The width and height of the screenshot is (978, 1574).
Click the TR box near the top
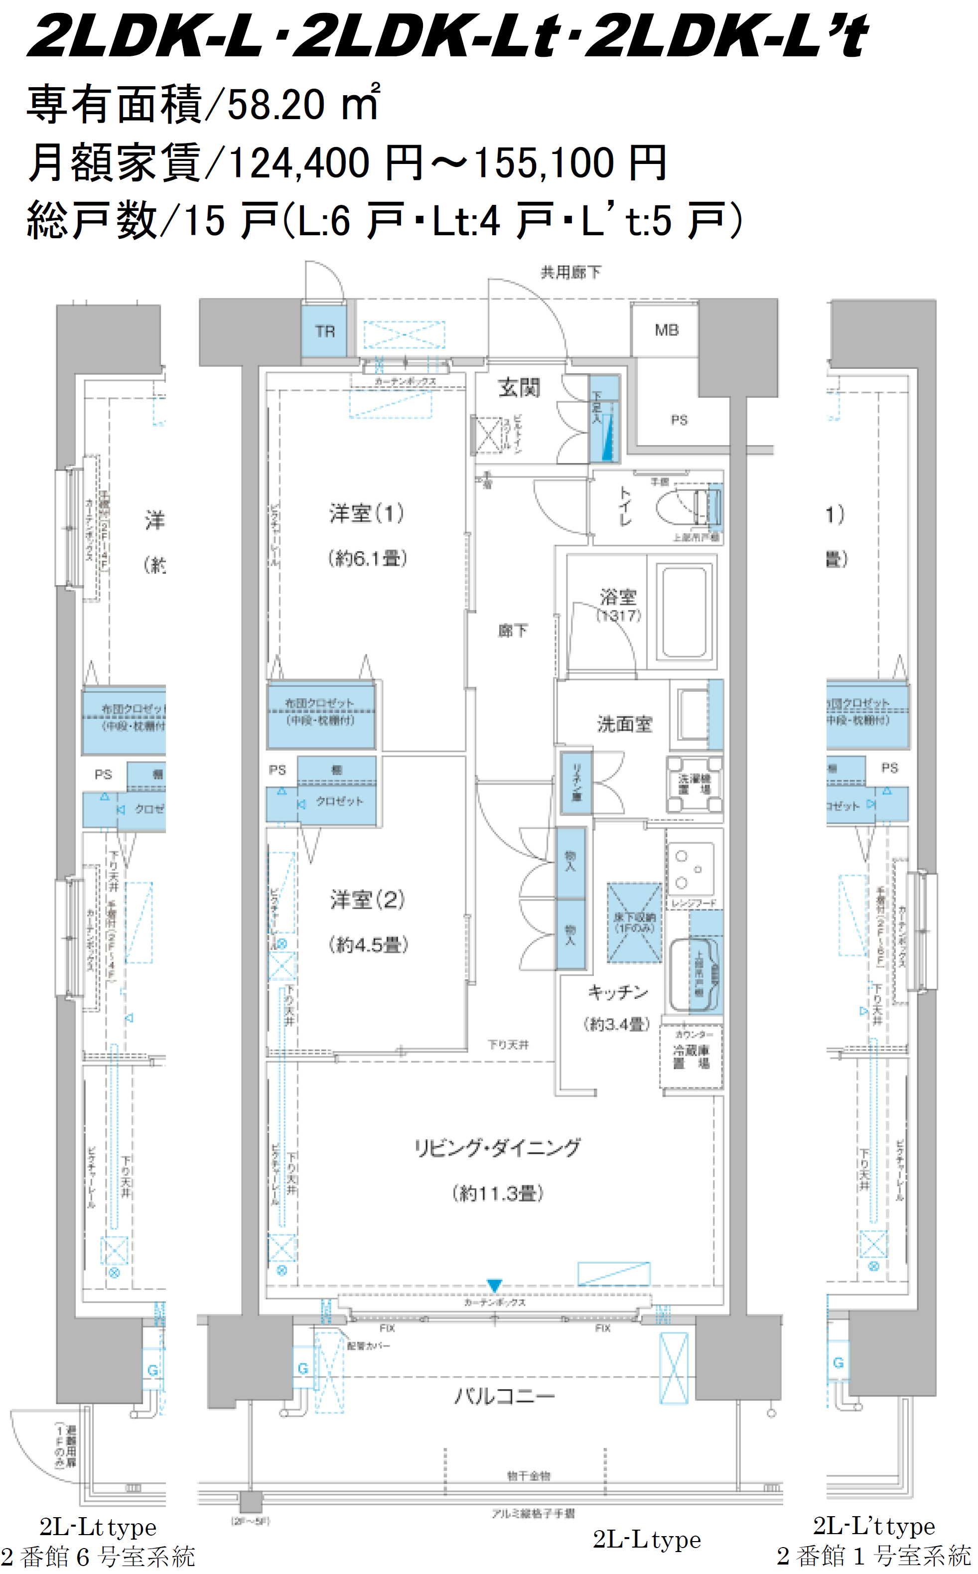pos(325,332)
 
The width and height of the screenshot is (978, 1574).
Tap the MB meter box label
pos(666,330)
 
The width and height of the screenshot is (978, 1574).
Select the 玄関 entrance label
pos(519,388)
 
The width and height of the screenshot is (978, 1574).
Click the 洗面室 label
pos(624,725)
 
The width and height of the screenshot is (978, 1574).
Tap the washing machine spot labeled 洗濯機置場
pos(694,785)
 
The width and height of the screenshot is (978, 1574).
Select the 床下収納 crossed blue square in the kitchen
pos(634,923)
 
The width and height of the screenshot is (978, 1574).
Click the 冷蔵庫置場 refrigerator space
pos(691,1057)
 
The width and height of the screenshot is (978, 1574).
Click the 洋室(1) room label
pos(367,514)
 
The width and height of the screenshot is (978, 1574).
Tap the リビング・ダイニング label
pos(497,1148)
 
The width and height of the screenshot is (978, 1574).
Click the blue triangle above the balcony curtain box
pos(494,1285)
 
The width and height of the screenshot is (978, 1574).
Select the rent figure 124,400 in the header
pos(299,163)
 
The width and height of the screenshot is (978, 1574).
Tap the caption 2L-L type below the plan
pos(646,1539)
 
